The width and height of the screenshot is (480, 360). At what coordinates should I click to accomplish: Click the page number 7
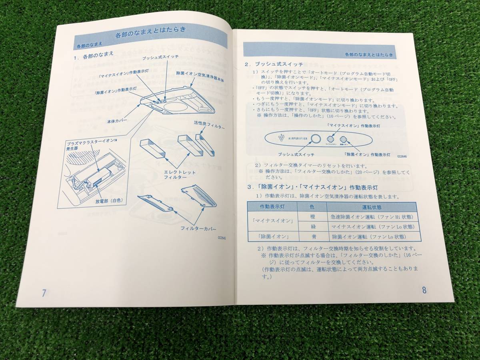point(44,292)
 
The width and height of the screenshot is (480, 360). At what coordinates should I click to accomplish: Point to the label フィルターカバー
point(198,229)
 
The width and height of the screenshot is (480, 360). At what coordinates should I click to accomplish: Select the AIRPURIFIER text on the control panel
point(296,138)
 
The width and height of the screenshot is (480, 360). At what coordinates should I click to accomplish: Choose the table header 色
point(312,207)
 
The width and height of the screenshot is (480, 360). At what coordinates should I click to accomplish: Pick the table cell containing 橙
point(313,217)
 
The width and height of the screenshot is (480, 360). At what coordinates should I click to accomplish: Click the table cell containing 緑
point(313,227)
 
